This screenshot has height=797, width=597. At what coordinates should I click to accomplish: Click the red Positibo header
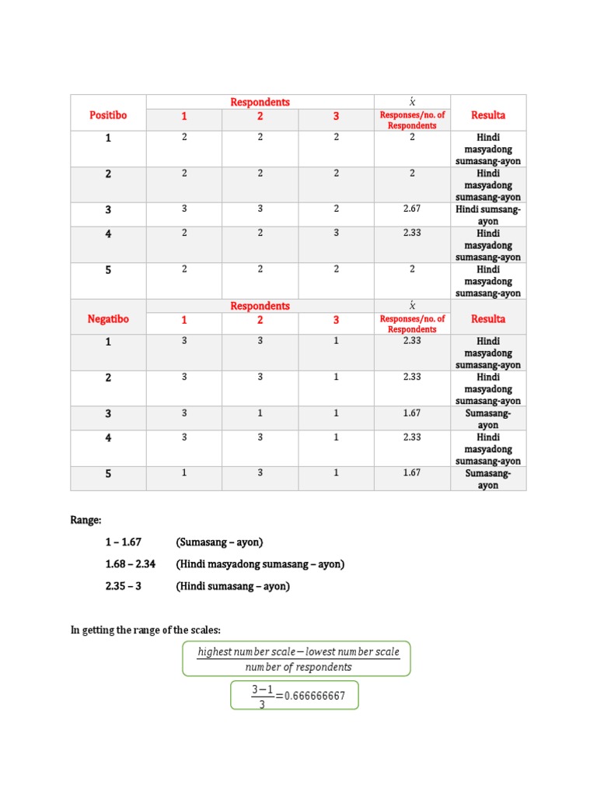[x=108, y=115]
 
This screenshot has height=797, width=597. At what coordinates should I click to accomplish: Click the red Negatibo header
[x=108, y=319]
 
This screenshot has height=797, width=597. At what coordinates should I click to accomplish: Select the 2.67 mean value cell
[x=412, y=209]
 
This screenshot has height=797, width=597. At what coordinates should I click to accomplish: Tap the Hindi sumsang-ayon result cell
[x=488, y=215]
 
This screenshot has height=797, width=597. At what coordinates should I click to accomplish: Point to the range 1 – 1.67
[x=124, y=542]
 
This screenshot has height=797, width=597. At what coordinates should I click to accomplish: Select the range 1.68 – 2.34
[x=130, y=564]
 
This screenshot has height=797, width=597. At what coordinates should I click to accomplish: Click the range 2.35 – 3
[x=124, y=587]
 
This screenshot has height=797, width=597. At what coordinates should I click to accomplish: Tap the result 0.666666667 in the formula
[x=315, y=696]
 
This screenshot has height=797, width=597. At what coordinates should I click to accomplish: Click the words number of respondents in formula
[x=298, y=667]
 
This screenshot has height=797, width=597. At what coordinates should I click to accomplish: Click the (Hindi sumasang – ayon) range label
[x=232, y=587]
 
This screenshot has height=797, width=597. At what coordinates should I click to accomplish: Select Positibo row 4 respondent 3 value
[x=337, y=233]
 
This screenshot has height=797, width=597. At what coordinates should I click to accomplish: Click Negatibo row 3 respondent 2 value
[x=260, y=413]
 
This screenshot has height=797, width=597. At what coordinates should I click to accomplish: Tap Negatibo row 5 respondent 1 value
[x=184, y=472]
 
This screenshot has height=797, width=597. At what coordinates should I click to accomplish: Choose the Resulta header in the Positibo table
[x=488, y=115]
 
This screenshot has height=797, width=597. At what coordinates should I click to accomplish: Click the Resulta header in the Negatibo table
[x=488, y=319]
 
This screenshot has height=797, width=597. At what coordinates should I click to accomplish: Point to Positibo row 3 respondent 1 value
[x=184, y=209]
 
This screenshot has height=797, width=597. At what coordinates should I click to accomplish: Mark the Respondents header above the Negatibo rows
[x=260, y=306]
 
